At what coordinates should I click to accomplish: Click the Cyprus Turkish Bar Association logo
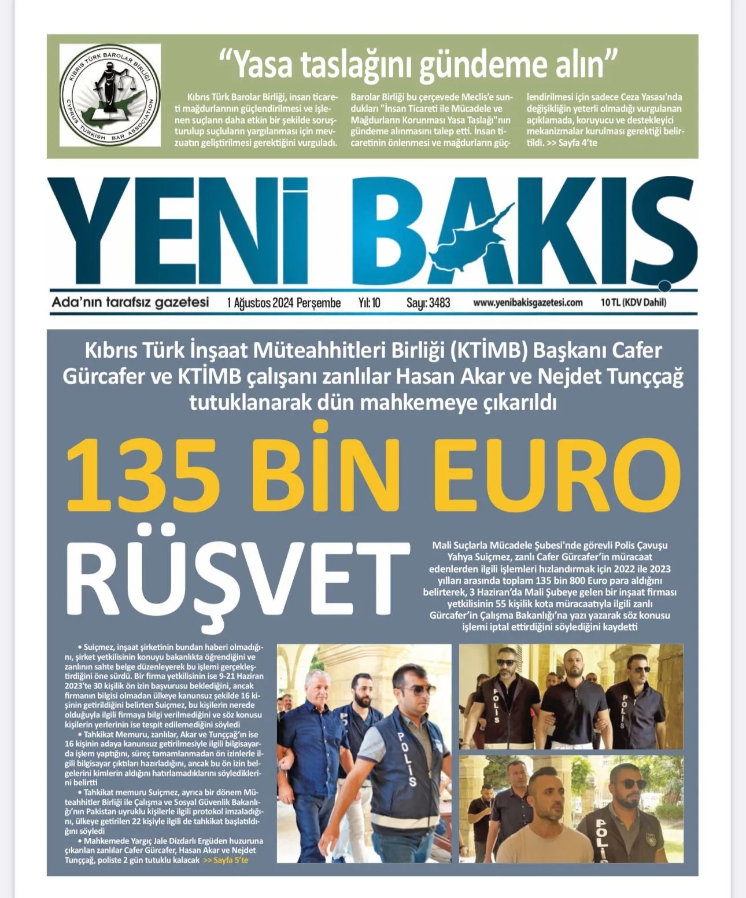pyautogui.click(x=110, y=95)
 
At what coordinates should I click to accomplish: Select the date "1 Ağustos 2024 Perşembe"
pyautogui.click(x=284, y=303)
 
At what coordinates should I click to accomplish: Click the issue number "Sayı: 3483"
pyautogui.click(x=428, y=303)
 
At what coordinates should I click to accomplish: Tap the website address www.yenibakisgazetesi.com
pyautogui.click(x=527, y=303)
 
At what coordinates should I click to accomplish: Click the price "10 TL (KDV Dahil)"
pyautogui.click(x=633, y=303)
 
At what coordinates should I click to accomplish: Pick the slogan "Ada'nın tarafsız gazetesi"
pyautogui.click(x=130, y=302)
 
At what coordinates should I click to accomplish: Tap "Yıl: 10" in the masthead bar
pyautogui.click(x=369, y=303)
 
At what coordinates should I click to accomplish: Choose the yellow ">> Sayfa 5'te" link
pyautogui.click(x=226, y=860)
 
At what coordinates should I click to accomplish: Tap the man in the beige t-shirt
pyautogui.click(x=551, y=822)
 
